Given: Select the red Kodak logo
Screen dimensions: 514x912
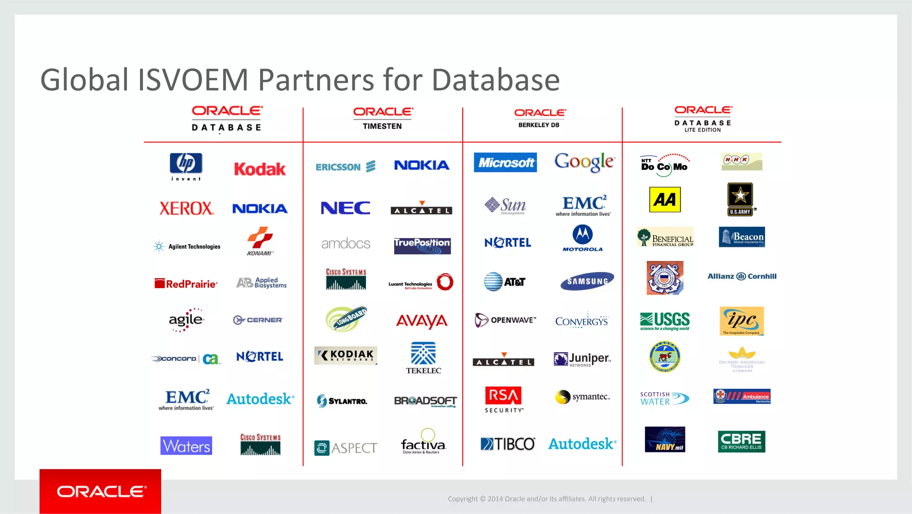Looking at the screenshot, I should pos(260,169).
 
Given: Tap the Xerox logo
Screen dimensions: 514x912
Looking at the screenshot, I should pos(186,208).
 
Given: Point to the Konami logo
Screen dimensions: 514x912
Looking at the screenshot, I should pos(260,241).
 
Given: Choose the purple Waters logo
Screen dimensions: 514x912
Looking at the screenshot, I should pos(186,445).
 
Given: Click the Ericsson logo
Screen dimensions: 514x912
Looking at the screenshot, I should pos(346,167).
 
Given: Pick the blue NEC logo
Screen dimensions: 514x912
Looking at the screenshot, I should pos(346,208).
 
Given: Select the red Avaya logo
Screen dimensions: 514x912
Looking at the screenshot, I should pos(422,321).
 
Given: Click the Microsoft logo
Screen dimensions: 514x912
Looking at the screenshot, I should pos(505,163).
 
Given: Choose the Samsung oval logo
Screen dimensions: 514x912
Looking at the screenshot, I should pos(587,281).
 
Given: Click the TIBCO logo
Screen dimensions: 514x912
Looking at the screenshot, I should pos(508,444).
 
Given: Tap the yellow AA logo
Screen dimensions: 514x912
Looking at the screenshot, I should pos(665,200).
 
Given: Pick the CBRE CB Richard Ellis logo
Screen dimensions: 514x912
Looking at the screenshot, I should pos(741,441).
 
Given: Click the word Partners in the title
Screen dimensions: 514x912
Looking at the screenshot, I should pos(316,80).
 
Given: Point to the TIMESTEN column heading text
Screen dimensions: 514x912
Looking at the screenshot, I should pos(382,126).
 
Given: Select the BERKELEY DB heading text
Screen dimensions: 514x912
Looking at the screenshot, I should pos(539,125).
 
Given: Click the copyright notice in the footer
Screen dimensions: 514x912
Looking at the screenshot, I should pos(546,499).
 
